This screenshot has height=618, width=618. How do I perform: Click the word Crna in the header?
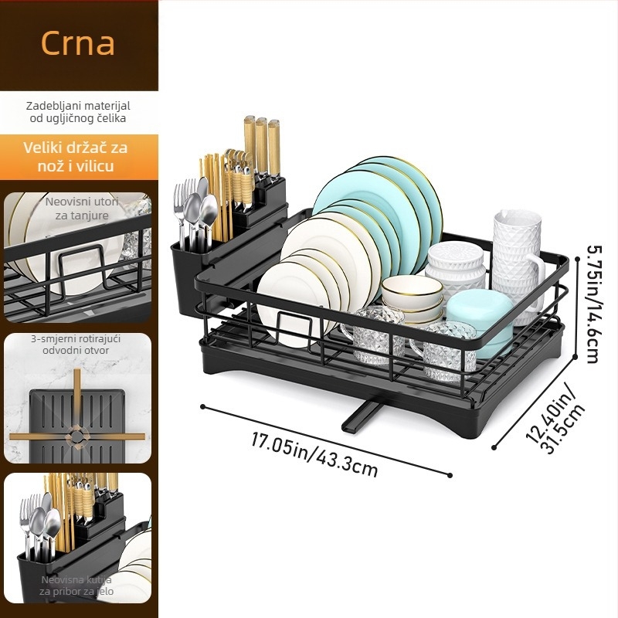78,42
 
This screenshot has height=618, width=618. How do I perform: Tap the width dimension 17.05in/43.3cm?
314,454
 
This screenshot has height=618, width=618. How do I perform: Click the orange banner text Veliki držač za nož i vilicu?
75,157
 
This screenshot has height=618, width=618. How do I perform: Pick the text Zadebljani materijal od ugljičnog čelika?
78,112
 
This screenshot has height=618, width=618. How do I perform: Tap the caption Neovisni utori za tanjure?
82,209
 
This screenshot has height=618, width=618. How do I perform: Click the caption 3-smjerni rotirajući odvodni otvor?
76,345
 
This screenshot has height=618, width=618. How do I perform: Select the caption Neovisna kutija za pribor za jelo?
76,586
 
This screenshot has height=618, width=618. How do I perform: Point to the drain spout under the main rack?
360,416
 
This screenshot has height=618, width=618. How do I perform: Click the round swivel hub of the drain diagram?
76,436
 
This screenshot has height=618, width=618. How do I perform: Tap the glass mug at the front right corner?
445,351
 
